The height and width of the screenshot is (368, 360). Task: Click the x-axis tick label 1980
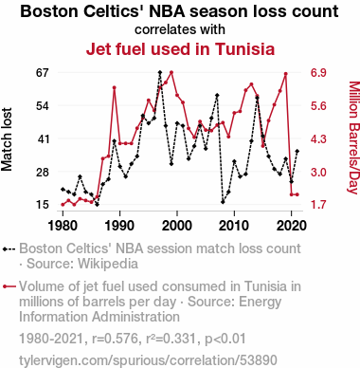coord(63,226)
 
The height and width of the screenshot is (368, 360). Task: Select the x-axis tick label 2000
coord(177,226)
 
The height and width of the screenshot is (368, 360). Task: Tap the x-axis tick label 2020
coord(292,226)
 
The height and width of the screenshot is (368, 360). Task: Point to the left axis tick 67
coord(43,73)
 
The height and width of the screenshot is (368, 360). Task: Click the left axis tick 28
coord(43,173)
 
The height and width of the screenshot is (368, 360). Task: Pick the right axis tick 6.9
coord(318,73)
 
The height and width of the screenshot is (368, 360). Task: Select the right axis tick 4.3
coord(318,139)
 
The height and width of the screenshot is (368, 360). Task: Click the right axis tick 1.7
coord(318,205)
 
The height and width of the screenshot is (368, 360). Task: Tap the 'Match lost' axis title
coord(7,139)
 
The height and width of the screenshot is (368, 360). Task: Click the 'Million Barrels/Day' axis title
coord(353,138)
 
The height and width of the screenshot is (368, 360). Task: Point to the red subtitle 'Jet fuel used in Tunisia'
coord(180,49)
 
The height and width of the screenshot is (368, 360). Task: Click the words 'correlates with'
coord(180,29)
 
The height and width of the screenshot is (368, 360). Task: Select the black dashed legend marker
coord(9,248)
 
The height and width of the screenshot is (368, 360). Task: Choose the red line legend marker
coord(9,286)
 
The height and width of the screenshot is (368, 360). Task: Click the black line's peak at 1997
coord(160,72)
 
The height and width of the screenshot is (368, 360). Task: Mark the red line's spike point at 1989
coord(114,87)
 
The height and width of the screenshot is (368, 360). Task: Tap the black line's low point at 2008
coord(223,202)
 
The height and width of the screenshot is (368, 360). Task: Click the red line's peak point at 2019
coord(285,74)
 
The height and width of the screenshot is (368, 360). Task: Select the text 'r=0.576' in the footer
coord(115,339)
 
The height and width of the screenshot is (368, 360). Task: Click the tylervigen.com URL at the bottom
coord(148,360)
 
